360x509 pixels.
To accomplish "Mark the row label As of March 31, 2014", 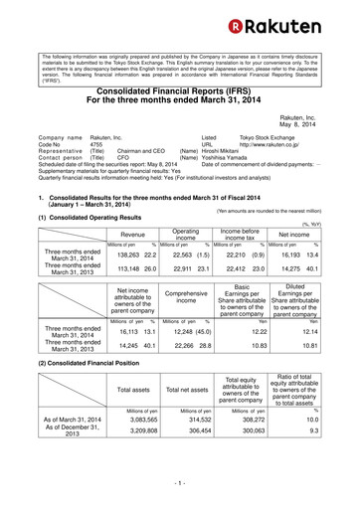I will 69,449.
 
